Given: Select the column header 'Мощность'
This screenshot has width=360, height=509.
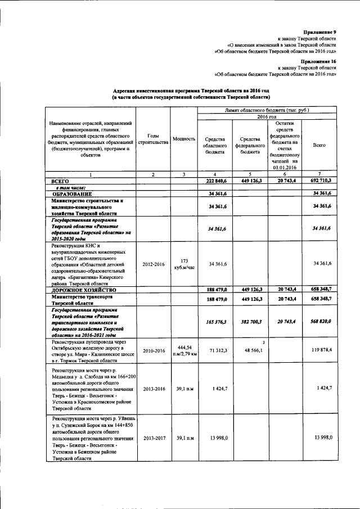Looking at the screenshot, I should click(184, 138).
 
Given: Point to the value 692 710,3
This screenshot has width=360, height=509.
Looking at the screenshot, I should click(319, 182).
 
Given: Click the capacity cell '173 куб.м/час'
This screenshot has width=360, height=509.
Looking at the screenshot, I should click(184, 264).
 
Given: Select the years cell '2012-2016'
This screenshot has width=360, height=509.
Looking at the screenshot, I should click(153, 264).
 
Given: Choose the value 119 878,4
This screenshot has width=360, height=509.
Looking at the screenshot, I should click(319, 352).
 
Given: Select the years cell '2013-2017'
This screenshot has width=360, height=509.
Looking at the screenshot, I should click(153, 438).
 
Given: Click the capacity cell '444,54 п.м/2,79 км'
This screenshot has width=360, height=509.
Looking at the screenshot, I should click(184, 352).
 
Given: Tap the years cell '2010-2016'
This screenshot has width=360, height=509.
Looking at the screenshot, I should click(153, 352).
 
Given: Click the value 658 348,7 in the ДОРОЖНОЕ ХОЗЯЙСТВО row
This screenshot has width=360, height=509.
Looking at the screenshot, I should click(319, 290).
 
